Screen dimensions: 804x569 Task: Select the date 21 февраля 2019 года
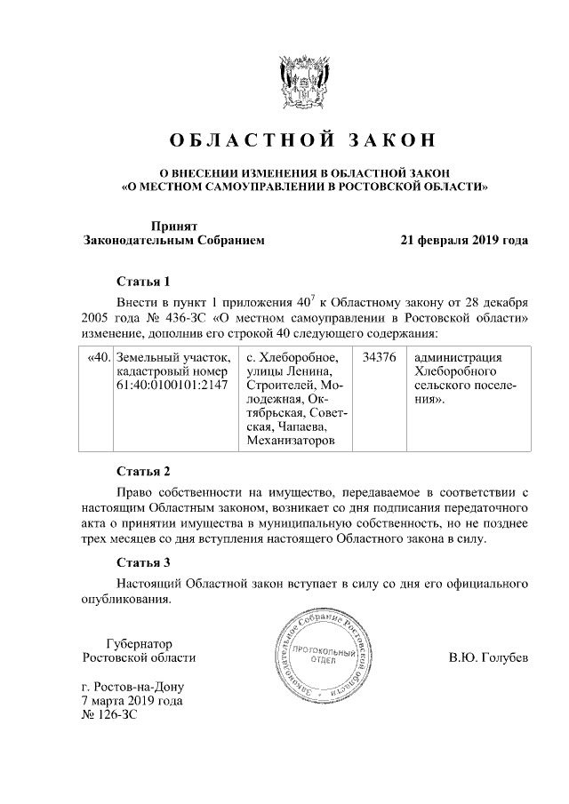pos(464,240)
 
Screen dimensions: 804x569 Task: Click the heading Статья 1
pos(143,282)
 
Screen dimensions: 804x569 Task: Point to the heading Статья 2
pos(143,471)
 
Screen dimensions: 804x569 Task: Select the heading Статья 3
pos(143,562)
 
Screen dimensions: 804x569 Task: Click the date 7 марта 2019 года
pos(132,701)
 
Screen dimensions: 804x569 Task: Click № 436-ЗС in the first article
pos(169,317)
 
